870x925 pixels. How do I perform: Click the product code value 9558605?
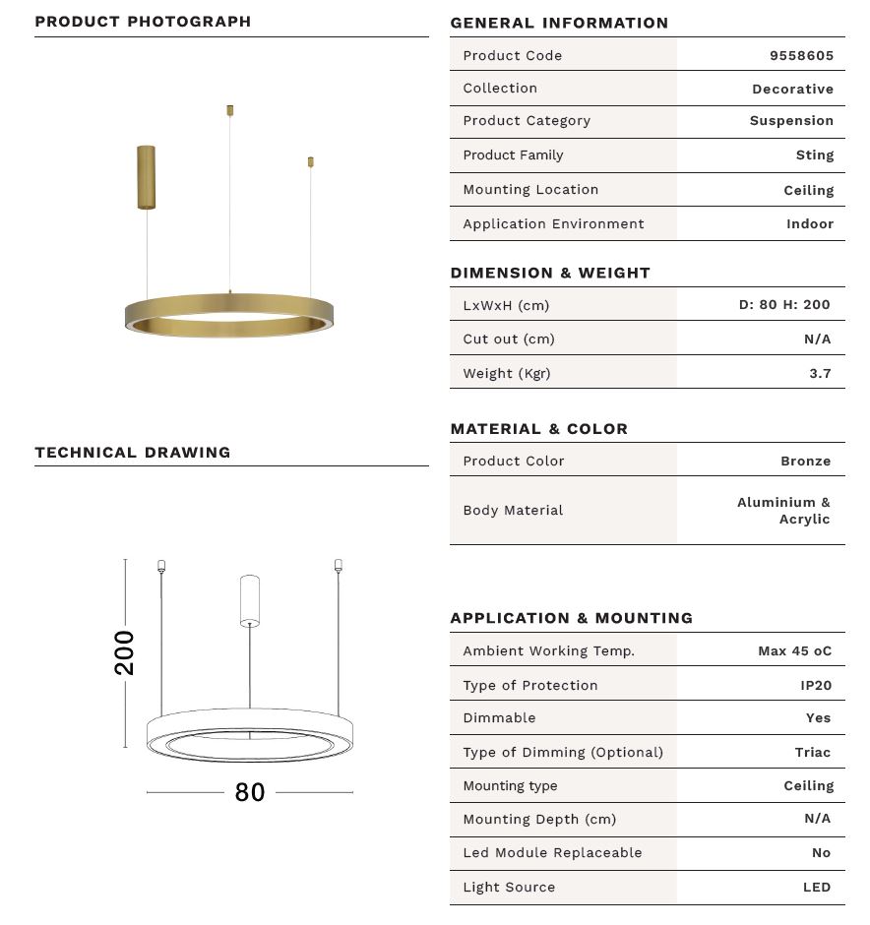click(x=801, y=55)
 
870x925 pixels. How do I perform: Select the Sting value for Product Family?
click(x=814, y=154)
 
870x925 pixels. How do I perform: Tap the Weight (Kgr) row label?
click(x=507, y=373)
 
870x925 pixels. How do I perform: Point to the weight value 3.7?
click(x=820, y=373)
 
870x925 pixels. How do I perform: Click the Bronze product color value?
click(x=805, y=461)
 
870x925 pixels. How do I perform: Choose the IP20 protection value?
click(x=815, y=685)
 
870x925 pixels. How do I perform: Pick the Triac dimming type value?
click(x=812, y=752)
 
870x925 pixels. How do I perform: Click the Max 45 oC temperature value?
click(x=794, y=650)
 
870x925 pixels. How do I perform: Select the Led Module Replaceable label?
click(x=552, y=852)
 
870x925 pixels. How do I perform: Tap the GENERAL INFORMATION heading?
click(x=559, y=23)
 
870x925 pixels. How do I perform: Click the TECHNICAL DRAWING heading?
click(x=133, y=453)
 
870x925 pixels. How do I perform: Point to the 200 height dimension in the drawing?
click(x=125, y=652)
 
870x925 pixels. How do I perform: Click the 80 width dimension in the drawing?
click(x=250, y=792)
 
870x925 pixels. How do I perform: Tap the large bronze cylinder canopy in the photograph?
click(x=146, y=176)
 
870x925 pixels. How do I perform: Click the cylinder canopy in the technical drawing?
click(x=250, y=601)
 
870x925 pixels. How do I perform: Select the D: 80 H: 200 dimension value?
click(x=784, y=305)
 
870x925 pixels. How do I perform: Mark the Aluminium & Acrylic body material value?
click(x=783, y=511)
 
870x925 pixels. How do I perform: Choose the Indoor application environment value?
click(x=809, y=223)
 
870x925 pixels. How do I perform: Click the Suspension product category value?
click(x=791, y=121)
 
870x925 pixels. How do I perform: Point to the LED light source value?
click(x=817, y=887)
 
